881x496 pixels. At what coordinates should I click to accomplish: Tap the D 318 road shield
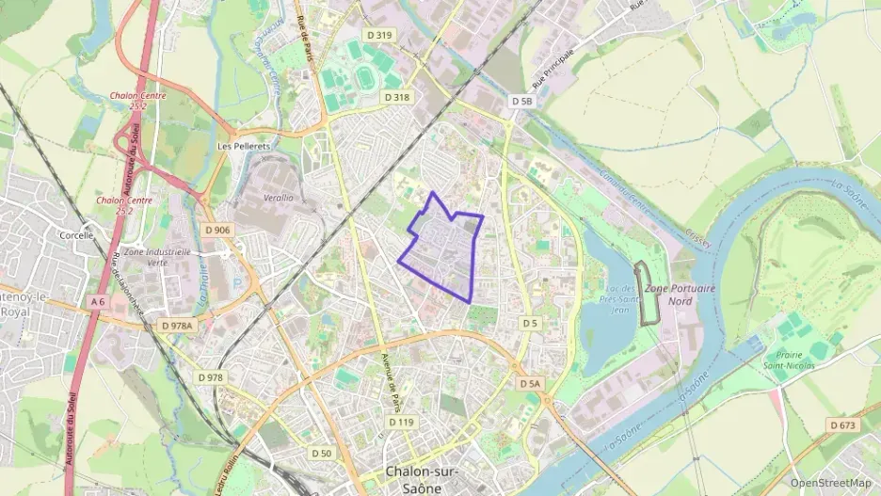click(396, 98)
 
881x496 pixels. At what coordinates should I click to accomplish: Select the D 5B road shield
click(522, 101)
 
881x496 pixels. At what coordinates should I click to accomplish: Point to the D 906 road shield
click(216, 230)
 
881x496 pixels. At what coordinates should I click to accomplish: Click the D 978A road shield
click(176, 326)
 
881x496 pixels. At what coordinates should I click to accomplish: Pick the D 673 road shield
click(842, 425)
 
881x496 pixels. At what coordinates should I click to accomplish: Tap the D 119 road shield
click(401, 422)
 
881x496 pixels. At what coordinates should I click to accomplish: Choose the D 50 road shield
click(321, 454)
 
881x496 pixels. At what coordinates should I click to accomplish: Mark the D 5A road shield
click(530, 384)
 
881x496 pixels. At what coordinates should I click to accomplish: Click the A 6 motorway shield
click(98, 302)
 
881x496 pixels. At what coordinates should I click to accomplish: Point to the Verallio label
click(279, 199)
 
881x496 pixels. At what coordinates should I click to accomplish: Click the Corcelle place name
click(77, 235)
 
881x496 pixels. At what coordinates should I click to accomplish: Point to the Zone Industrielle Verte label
click(157, 258)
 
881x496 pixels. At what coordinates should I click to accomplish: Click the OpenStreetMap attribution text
click(831, 483)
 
